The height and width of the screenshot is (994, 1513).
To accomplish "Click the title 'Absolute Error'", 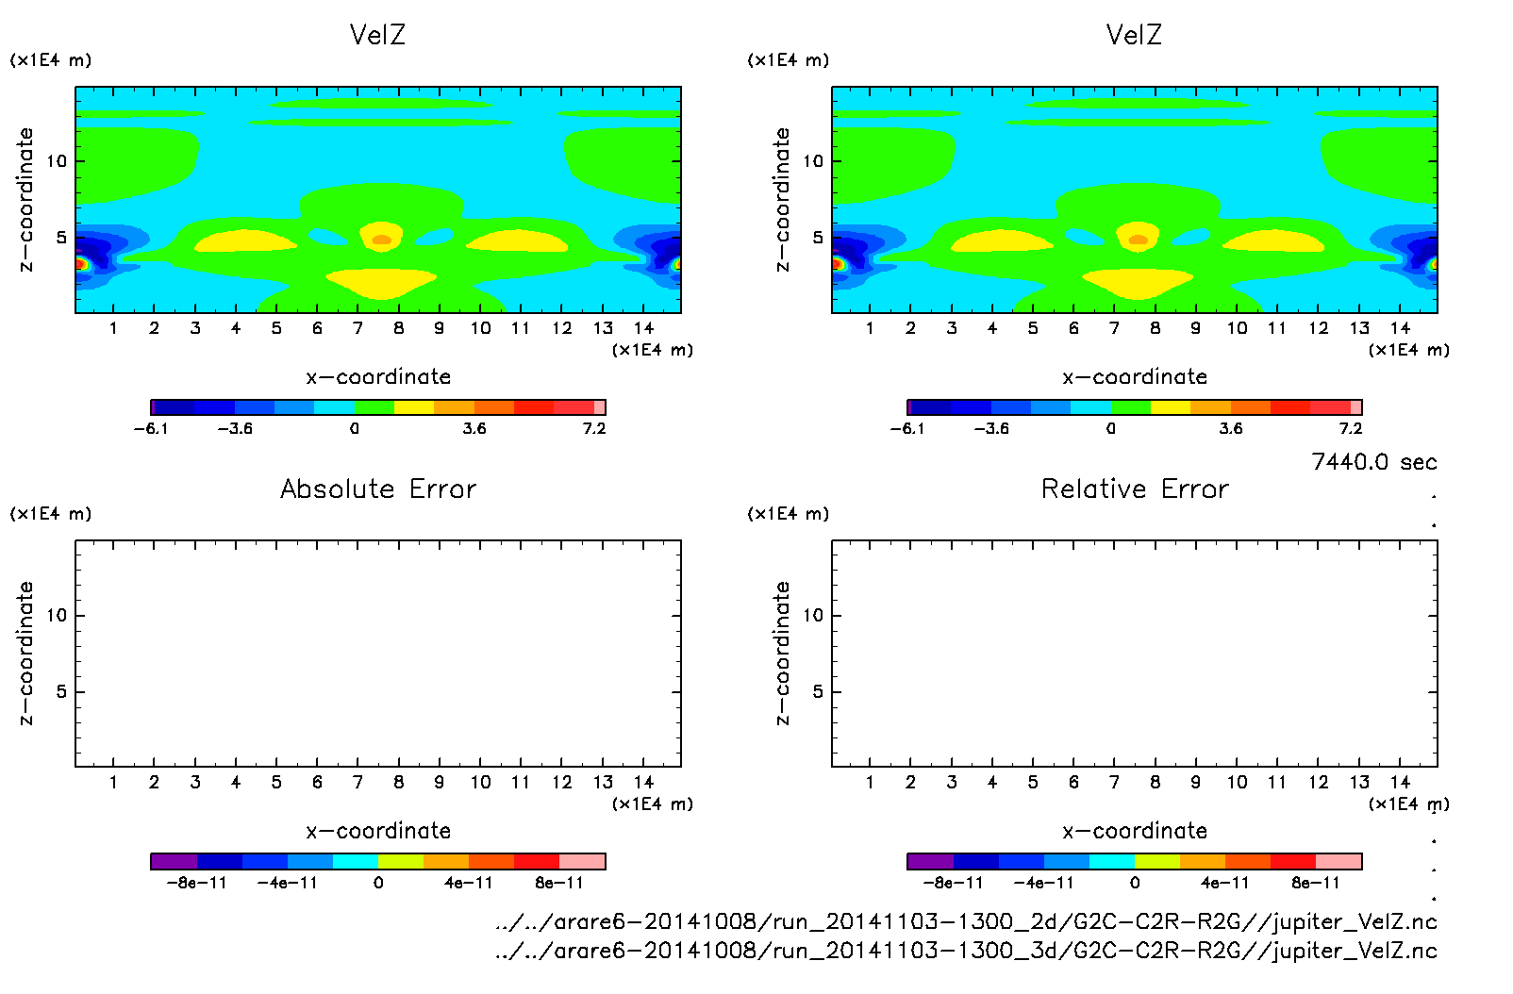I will point(378,489).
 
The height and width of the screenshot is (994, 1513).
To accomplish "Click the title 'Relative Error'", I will point(1135,489).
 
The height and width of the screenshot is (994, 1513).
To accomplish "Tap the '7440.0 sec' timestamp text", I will point(1373,462).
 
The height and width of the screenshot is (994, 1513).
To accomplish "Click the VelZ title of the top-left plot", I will point(377,35).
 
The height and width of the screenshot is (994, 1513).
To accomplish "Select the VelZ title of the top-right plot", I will point(1134,35).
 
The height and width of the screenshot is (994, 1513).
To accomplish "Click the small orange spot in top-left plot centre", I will point(381,240).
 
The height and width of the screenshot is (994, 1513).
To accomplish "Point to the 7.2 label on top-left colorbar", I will point(593,428).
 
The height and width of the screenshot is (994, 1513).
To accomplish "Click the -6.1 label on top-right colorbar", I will point(907,428).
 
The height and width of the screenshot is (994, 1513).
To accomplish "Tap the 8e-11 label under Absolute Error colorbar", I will point(559,883).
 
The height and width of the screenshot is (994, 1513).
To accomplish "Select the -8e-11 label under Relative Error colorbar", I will point(953,883).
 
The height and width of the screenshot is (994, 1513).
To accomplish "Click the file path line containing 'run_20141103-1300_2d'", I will point(966,921).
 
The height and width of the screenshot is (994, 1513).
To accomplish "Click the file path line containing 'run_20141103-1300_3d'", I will point(966,951).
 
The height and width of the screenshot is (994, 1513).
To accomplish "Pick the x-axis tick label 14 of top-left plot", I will point(643,328).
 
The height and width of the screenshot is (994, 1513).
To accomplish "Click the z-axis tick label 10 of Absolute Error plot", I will point(57,615).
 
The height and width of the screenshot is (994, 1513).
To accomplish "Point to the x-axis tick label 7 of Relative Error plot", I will point(1114,782).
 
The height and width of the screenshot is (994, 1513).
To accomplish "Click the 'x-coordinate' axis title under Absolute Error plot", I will point(378,831).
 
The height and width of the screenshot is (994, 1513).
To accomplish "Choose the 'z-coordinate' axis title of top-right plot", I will point(782,199).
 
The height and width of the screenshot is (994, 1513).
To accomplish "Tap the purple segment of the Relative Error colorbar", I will point(930,861).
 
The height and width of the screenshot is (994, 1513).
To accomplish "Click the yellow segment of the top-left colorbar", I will point(414,407).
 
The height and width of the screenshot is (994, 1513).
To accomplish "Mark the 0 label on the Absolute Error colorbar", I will point(378,883).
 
